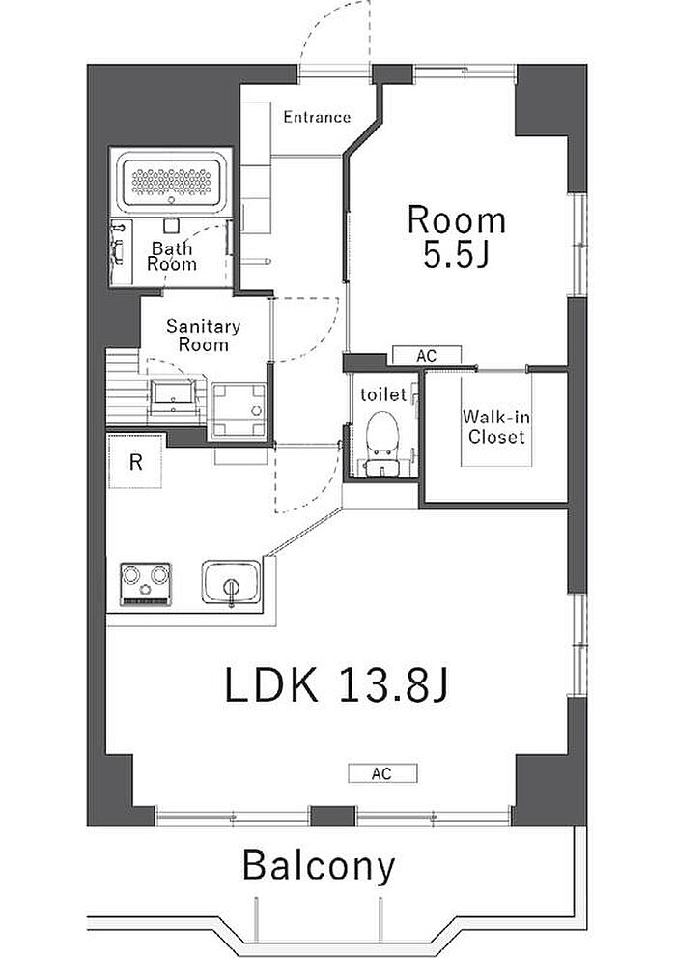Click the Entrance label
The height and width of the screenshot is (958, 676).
pos(317,117)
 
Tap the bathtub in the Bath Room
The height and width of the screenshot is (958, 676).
pos(172,182)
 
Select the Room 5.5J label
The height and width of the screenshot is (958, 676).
pos(457,237)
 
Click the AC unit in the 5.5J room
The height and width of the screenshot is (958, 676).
pos(427,355)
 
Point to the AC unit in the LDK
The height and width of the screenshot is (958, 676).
pos(382,773)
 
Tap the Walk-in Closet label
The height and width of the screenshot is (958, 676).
pos(495,427)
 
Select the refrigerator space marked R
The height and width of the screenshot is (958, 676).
pos(135,461)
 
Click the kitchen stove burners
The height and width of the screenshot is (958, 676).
pos(145,583)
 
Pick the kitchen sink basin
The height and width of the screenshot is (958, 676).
pos(231,582)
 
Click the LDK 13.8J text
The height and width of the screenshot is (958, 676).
pos(337,684)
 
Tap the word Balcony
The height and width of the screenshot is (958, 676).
pos(319,866)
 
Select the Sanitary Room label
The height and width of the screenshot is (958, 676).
pos(203,335)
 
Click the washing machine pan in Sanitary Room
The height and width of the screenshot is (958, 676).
pos(239,410)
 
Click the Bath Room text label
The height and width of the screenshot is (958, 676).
pos(172,256)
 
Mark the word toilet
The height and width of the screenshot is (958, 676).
pos(383,394)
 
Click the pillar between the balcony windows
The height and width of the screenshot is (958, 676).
pos(332,816)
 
